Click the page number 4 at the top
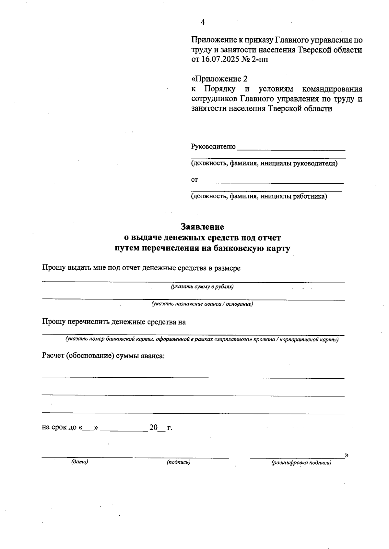203,22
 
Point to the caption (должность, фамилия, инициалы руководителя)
264,164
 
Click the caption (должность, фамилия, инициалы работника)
259,196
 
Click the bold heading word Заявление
203,226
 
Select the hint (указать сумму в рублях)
203,287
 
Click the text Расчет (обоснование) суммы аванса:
103,356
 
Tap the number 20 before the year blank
153,428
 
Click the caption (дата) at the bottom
80,462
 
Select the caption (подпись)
179,462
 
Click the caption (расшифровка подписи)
301,463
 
